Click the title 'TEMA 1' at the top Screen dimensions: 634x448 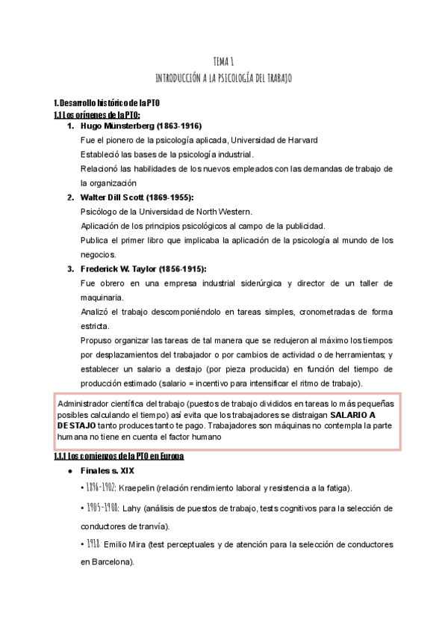pyautogui.click(x=224, y=63)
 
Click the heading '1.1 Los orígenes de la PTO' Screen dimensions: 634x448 pyautogui.click(x=97, y=114)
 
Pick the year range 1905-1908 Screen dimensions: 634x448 pyautogui.click(x=99, y=508)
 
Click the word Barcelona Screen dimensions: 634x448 pyautogui.click(x=111, y=561)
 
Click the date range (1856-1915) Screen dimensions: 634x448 pyautogui.click(x=176, y=268)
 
